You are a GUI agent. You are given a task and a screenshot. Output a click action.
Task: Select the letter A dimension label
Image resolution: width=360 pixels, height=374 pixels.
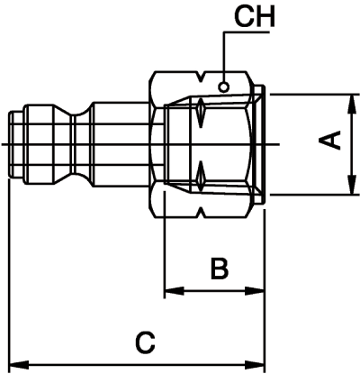coord(332,141)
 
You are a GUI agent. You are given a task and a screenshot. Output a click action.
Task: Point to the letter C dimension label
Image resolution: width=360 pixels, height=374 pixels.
coord(145,342)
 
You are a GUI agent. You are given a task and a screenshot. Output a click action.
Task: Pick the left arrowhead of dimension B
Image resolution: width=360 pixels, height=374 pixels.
coord(171,291)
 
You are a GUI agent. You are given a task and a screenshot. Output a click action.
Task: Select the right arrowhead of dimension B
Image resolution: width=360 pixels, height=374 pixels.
coord(258,291)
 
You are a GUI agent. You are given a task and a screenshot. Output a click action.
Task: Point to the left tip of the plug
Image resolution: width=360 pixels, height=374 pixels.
coord(9,144)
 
